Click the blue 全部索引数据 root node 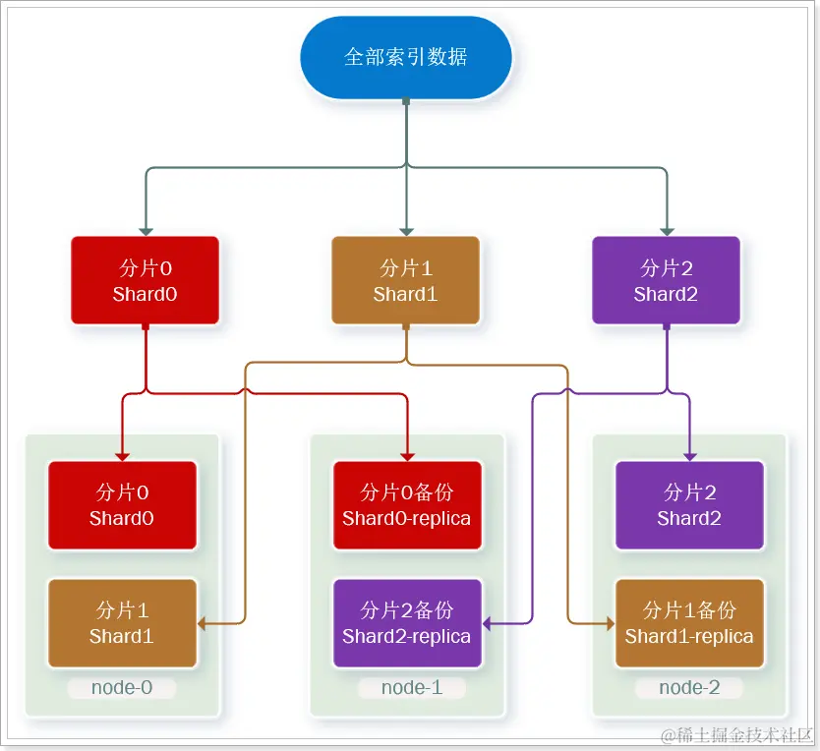click(405, 57)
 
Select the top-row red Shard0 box click(145, 280)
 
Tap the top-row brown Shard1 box click(405, 280)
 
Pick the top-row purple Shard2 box click(666, 280)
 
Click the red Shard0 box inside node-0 click(122, 505)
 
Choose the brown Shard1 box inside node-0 click(122, 623)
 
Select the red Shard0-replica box click(406, 505)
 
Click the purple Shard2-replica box click(406, 623)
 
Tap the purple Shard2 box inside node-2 click(689, 505)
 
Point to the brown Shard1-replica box click(689, 623)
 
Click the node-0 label click(122, 688)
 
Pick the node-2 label click(689, 688)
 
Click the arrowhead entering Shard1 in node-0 click(203, 623)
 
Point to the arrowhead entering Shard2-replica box click(487, 623)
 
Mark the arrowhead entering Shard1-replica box click(609, 623)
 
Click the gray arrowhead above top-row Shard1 click(405, 230)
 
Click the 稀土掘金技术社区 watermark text click(737, 735)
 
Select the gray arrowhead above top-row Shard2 click(666, 230)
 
